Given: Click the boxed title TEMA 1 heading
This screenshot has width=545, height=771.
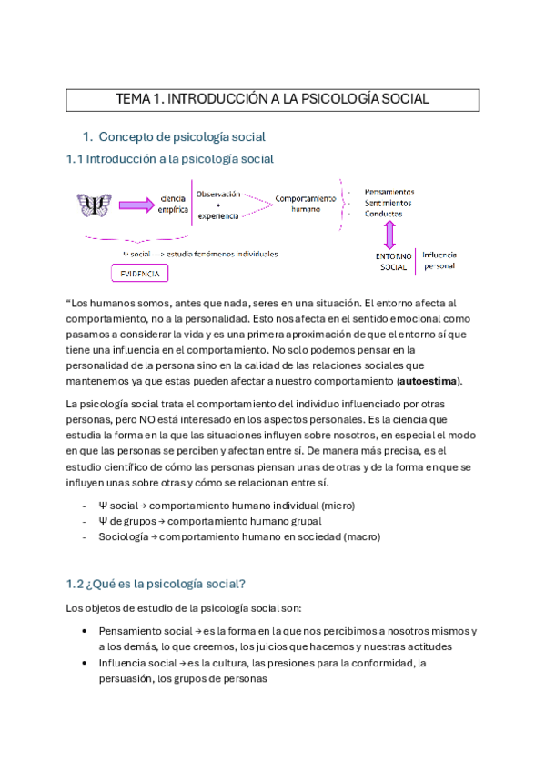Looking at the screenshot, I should click(x=272, y=99).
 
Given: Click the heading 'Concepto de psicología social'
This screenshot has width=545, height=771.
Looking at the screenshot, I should click(x=181, y=137).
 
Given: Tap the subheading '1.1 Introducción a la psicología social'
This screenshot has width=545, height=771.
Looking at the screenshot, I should click(x=169, y=159).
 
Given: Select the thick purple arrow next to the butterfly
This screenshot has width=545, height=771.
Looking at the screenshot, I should click(x=136, y=205).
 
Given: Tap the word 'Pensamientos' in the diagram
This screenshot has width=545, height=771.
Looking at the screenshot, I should click(x=389, y=192).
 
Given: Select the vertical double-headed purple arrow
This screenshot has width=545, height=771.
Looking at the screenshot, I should click(x=389, y=235).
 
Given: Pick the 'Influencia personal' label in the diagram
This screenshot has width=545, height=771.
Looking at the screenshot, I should click(x=439, y=260).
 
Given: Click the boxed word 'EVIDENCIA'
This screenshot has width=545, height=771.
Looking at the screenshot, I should click(x=138, y=274).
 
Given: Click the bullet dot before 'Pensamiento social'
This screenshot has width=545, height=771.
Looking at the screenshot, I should click(x=85, y=630).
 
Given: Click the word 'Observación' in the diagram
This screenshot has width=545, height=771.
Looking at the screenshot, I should click(x=218, y=194).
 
